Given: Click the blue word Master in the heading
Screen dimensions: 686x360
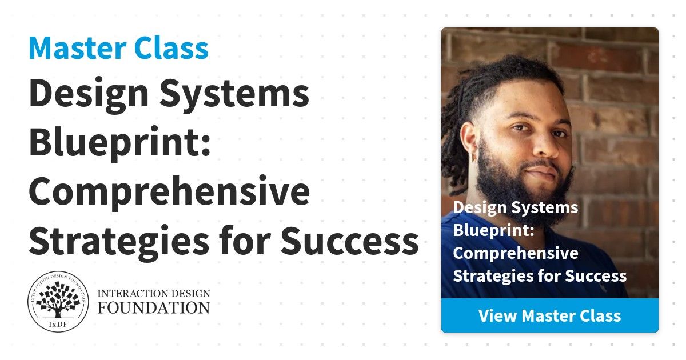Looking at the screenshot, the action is click(78, 48).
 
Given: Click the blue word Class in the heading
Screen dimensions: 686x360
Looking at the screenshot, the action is click(171, 48).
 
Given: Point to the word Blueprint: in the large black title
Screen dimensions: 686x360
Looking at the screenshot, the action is click(119, 143).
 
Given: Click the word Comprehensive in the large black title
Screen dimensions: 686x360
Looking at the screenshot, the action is click(169, 192).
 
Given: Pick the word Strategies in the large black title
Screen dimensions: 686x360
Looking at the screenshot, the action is click(119, 242).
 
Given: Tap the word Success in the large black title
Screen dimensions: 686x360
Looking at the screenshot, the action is click(349, 241).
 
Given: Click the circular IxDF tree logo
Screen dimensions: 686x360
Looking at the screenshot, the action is click(58, 302).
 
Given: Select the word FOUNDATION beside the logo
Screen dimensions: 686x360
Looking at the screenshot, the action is click(154, 307).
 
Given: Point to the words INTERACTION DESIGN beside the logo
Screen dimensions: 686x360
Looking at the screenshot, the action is click(154, 294).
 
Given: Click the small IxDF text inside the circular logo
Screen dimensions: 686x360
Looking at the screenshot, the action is click(58, 325).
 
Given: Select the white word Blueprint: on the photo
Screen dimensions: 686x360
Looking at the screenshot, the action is click(494, 231).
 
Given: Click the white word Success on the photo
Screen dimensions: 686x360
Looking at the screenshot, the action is click(596, 276).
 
